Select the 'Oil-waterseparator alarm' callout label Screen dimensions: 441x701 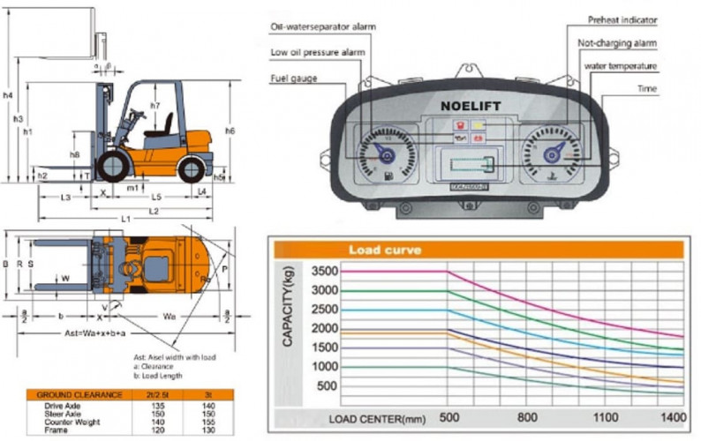pyautogui.click(x=323, y=27)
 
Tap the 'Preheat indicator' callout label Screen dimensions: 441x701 pyautogui.click(x=622, y=19)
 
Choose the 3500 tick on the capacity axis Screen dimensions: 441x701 pyautogui.click(x=325, y=271)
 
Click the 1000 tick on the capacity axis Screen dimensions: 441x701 pyautogui.click(x=325, y=367)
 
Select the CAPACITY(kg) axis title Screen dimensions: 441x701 pyautogui.click(x=289, y=326)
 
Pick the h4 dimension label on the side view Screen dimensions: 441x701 pyautogui.click(x=8, y=95)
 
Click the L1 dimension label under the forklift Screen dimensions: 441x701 pyautogui.click(x=126, y=218)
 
